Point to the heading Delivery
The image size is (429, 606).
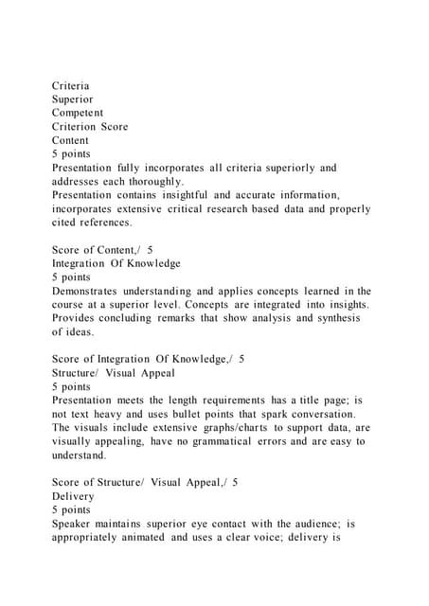click(x=73, y=496)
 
